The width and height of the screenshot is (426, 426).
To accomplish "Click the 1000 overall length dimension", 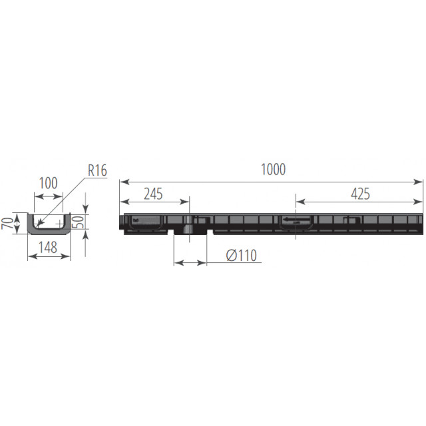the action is click(273, 169).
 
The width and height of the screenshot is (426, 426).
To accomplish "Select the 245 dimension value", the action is click(153, 194).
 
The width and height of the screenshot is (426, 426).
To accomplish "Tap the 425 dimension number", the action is click(360, 194).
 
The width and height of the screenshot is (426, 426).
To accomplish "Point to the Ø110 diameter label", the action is click(242, 256).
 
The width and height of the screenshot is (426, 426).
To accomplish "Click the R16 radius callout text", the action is click(98, 170).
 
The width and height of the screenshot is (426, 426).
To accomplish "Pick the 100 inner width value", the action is click(49, 183).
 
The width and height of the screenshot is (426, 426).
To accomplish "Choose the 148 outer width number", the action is click(48, 247).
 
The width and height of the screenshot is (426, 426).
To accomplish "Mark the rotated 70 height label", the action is click(7, 223).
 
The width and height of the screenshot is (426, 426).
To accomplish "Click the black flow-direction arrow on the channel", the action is click(296, 219).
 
